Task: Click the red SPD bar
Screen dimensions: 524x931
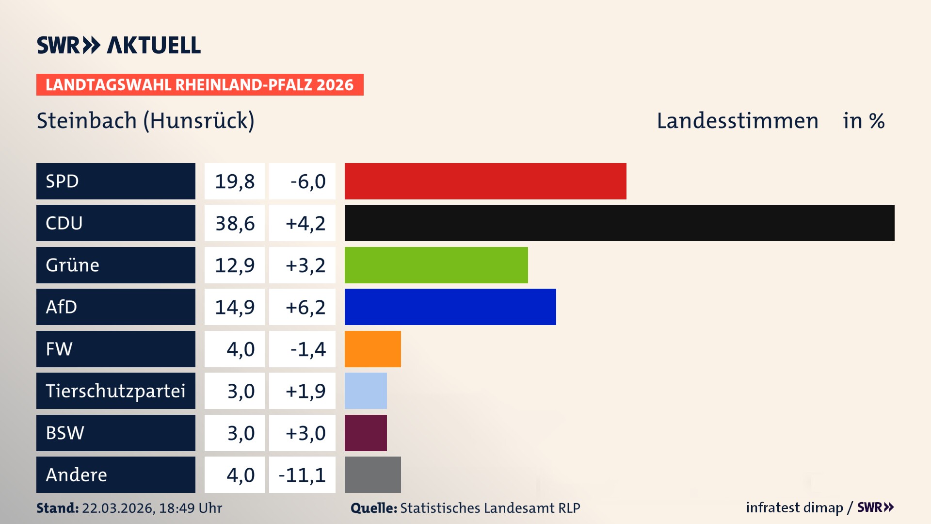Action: [x=485, y=181]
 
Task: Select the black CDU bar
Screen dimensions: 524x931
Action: [x=619, y=223]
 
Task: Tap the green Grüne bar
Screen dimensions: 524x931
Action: [x=436, y=265]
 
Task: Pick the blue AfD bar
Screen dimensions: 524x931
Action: [x=450, y=307]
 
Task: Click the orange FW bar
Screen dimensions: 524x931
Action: [x=372, y=349]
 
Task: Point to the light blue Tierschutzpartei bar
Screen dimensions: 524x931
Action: [x=366, y=391]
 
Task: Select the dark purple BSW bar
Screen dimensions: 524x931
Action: [x=366, y=433]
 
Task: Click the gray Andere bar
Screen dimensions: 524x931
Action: [x=372, y=475]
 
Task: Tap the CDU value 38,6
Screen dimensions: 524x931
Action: [x=235, y=223]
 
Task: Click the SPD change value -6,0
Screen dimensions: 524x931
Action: [x=307, y=181]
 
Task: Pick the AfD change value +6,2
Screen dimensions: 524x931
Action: [x=305, y=307]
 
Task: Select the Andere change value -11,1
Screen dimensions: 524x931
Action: [x=302, y=475]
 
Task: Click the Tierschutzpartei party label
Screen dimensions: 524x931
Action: [x=115, y=391]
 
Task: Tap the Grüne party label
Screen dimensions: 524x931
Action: [x=73, y=265]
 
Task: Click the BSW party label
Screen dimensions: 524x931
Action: [x=65, y=433]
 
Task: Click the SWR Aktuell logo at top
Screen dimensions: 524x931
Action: [x=118, y=45]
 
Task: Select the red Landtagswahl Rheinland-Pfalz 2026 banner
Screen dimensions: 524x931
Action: [x=199, y=84]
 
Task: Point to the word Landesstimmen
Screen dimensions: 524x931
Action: [x=737, y=120]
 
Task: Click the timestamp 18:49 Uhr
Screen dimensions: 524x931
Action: [x=190, y=508]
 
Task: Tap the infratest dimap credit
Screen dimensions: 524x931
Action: [x=794, y=508]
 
